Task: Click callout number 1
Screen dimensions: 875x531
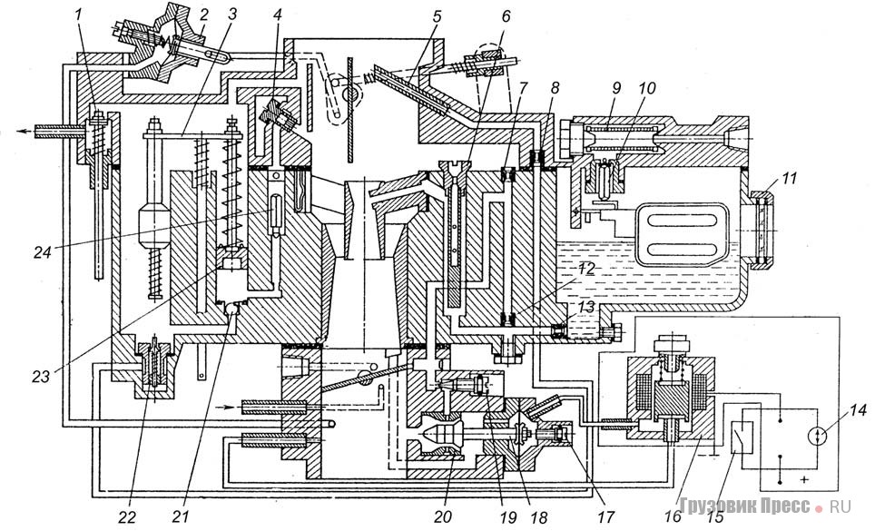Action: click(x=79, y=15)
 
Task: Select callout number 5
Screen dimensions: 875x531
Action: click(x=437, y=16)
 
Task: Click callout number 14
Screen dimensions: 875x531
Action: click(x=860, y=411)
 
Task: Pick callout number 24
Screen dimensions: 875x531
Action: click(x=43, y=252)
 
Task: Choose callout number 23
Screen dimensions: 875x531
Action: click(x=40, y=377)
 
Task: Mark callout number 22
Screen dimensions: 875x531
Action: click(x=127, y=517)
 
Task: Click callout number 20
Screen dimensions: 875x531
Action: click(x=443, y=517)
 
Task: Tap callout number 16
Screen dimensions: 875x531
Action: click(x=673, y=516)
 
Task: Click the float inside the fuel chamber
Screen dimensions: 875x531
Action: click(x=679, y=233)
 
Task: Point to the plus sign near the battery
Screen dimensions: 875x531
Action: click(x=803, y=479)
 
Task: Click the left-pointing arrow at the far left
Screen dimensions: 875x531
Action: click(x=25, y=132)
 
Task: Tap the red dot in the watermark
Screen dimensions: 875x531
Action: click(x=818, y=508)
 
